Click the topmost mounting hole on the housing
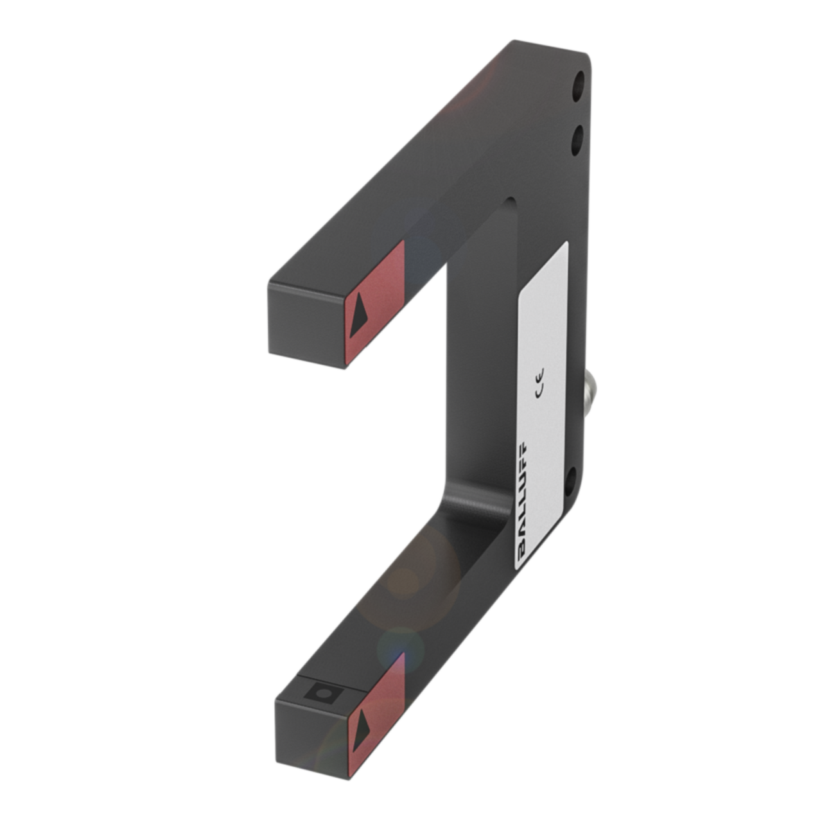pyautogui.click(x=578, y=86)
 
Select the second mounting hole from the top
pyautogui.click(x=578, y=141)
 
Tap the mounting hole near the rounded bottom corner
pyautogui.click(x=571, y=482)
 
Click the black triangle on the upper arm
pyautogui.click(x=359, y=315)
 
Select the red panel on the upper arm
pyautogui.click(x=374, y=304)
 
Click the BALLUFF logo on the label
pyautogui.click(x=523, y=503)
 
